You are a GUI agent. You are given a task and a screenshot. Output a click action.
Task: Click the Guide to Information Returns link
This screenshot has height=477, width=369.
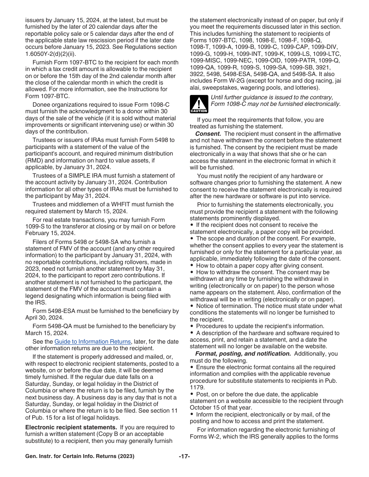click(x=92, y=342)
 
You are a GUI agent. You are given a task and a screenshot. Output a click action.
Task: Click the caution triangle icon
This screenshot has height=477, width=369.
click(x=199, y=104)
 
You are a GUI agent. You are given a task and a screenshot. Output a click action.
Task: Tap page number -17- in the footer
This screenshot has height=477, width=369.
click(x=184, y=456)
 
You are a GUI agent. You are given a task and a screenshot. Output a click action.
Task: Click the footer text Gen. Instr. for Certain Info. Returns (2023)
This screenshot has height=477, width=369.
click(x=80, y=456)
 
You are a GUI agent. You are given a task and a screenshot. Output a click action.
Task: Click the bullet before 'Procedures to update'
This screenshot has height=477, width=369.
click(x=192, y=327)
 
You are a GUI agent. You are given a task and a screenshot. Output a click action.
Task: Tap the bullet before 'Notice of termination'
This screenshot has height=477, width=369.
click(x=192, y=306)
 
